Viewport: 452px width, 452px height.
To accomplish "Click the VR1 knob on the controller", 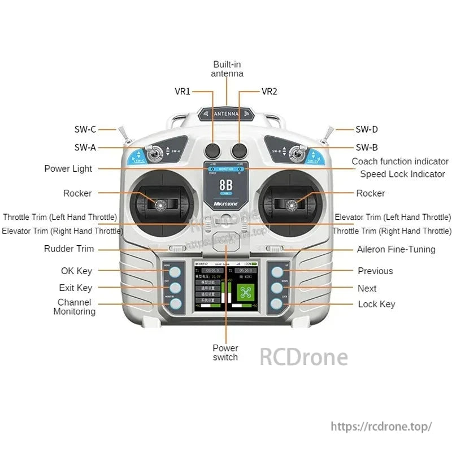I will [213, 150].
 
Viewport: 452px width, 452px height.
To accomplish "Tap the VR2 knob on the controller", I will [240, 150].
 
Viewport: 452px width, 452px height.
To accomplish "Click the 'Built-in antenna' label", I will [227, 69].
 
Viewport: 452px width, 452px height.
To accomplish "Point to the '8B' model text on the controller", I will [226, 185].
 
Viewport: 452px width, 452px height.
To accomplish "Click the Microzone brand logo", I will [226, 202].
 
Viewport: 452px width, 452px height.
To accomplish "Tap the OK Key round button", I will [176, 272].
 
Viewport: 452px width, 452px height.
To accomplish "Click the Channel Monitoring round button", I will [176, 304].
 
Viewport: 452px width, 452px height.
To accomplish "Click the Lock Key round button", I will [276, 304].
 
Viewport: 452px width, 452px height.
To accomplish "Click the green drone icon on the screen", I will [244, 293].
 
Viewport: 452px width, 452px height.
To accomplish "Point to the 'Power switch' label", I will [225, 353].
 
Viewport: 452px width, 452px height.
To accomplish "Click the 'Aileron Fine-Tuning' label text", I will [396, 249].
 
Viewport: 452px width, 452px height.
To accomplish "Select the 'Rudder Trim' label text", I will [69, 249].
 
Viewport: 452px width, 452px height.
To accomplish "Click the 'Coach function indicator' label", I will [400, 162].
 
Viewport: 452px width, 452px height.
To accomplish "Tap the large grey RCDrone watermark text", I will [303, 357].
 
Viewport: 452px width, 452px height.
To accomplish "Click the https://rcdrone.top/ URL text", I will [381, 427].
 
